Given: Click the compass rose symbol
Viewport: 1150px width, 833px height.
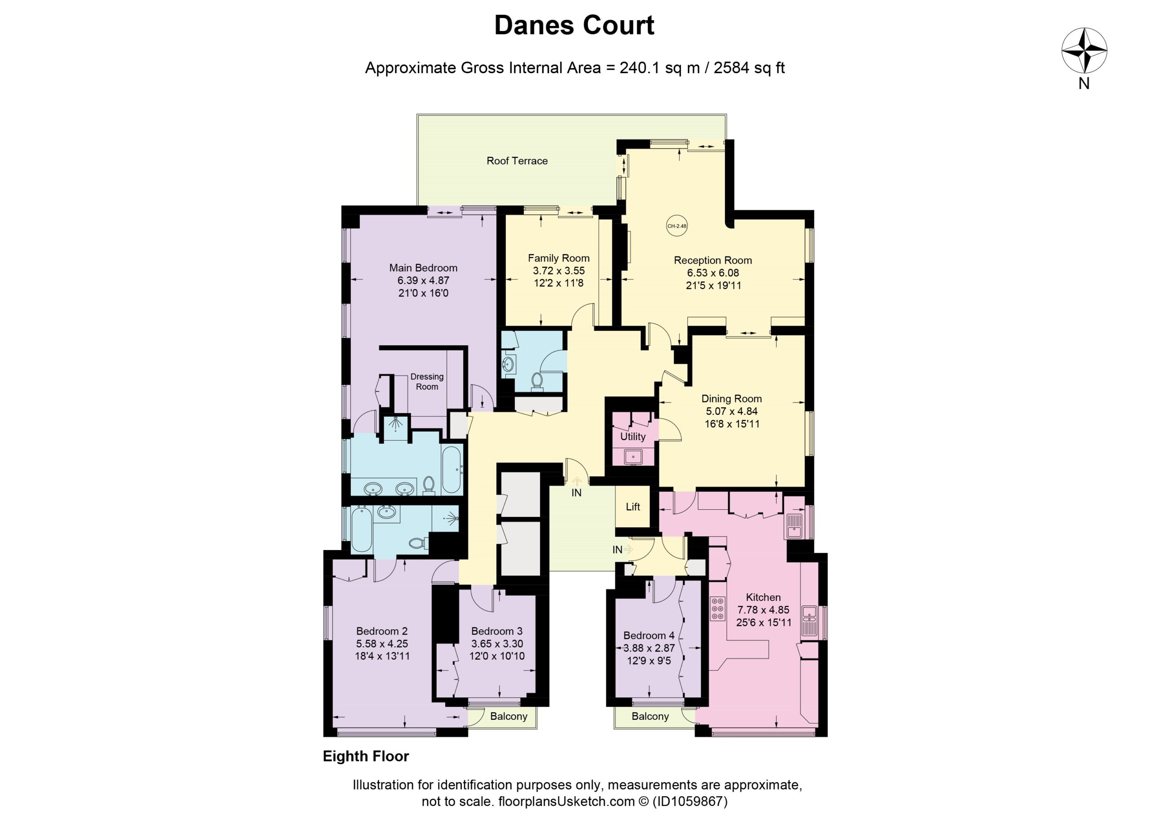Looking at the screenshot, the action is point(1084,51).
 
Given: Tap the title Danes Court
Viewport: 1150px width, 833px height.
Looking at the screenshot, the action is point(575,25).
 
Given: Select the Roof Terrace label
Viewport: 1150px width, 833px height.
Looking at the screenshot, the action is point(517,161).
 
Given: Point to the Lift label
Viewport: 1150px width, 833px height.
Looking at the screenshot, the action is point(633,507).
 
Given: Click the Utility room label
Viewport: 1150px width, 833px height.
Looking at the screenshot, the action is point(633,436).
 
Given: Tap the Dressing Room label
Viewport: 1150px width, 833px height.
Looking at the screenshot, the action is point(427,381).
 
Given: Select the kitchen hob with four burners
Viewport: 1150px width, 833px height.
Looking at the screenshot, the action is point(717,608).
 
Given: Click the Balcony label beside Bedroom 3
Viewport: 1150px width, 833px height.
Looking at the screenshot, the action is point(509,716).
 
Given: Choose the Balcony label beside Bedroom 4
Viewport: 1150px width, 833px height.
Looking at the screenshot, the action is point(650,716).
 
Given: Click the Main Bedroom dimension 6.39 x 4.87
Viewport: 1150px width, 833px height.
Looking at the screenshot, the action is point(424,280).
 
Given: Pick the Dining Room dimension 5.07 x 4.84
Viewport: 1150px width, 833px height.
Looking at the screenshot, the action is point(732,411).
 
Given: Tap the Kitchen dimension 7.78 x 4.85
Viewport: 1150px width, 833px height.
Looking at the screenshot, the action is point(764,609).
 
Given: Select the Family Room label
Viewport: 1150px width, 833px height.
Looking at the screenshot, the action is point(559,258).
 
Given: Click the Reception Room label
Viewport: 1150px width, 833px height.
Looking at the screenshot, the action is point(713,260).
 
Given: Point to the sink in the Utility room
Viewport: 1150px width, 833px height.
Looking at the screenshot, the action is point(633,457).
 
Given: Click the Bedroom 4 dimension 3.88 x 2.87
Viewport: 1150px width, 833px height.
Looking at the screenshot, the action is point(649,648).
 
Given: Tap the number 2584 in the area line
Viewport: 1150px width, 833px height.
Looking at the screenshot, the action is point(732,67).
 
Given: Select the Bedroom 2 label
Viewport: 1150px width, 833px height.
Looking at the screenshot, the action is point(382,631).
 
